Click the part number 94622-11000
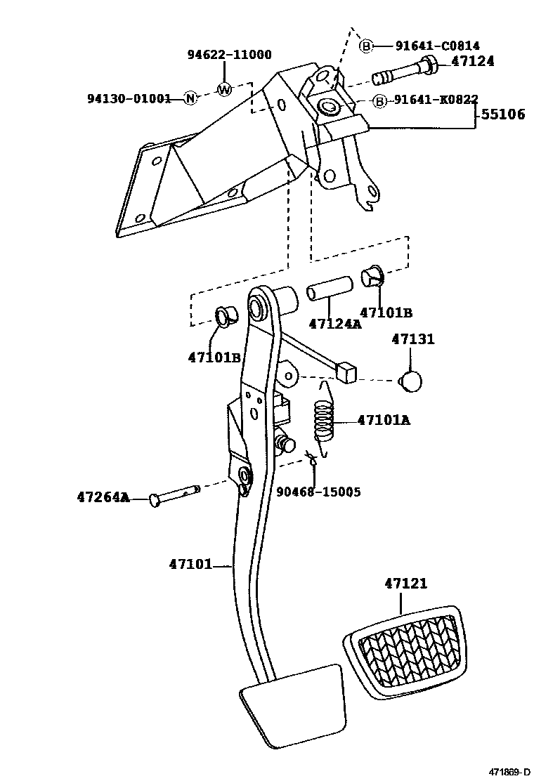pyautogui.click(x=228, y=55)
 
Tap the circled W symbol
pyautogui.click(x=223, y=89)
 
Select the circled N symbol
pyautogui.click(x=190, y=98)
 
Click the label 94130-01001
pyautogui.click(x=129, y=98)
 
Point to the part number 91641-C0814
pyautogui.click(x=437, y=46)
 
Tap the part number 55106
pyautogui.click(x=502, y=114)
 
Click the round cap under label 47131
pyautogui.click(x=411, y=381)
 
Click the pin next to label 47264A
pyautogui.click(x=174, y=496)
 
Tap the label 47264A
pyautogui.click(x=103, y=497)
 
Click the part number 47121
pyautogui.click(x=405, y=584)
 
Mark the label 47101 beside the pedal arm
pyautogui.click(x=190, y=563)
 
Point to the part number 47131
pyautogui.click(x=412, y=339)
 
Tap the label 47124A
pyautogui.click(x=334, y=324)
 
